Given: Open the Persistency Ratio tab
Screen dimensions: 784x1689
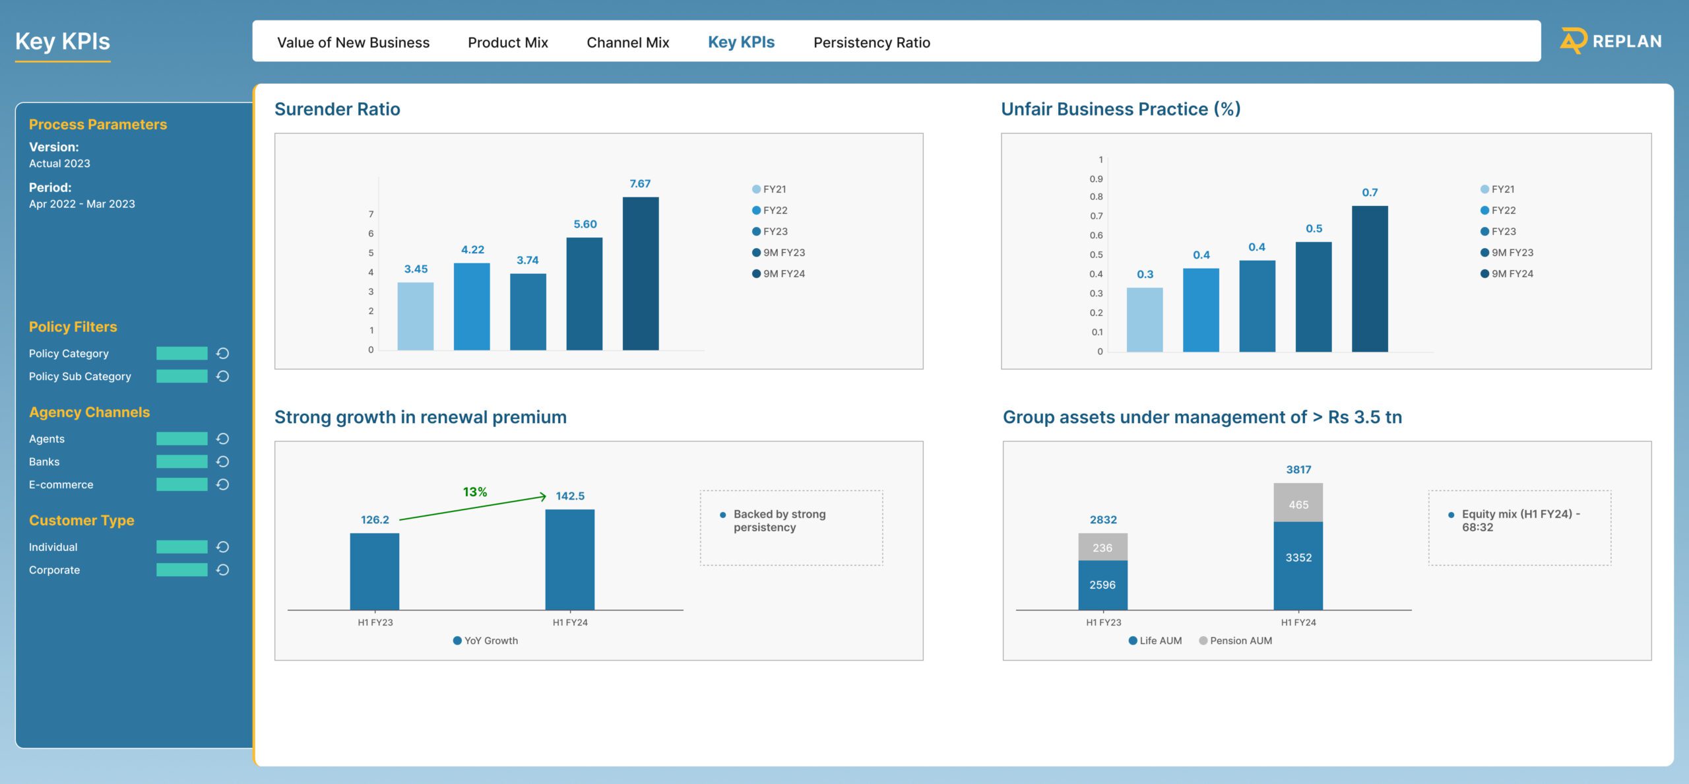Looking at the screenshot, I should point(871,42).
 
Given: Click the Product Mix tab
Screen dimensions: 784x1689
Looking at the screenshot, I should point(507,42).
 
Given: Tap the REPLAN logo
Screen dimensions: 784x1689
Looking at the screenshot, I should point(1610,41).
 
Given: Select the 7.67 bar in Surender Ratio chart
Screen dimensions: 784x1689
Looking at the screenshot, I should point(640,273).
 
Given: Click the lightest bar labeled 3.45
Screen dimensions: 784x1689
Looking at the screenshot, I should point(415,316).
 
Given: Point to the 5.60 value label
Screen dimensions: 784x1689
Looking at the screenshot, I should point(585,224).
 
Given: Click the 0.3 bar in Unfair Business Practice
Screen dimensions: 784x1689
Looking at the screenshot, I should point(1144,319).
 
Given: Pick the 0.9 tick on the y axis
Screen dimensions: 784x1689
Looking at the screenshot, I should point(1095,179).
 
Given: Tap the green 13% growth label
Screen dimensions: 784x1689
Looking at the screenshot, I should point(474,492).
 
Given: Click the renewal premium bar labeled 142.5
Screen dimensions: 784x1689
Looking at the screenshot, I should point(569,559).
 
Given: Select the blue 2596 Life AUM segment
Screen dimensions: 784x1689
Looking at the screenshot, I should point(1102,585).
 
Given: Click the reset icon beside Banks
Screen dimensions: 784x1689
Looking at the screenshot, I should point(223,461).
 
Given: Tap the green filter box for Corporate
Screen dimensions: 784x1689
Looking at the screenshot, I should point(181,570).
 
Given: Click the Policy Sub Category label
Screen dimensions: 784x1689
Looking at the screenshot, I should point(80,376).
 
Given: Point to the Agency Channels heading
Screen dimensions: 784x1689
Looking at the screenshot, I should point(89,412).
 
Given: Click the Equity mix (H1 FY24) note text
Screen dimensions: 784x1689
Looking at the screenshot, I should point(1519,521).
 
